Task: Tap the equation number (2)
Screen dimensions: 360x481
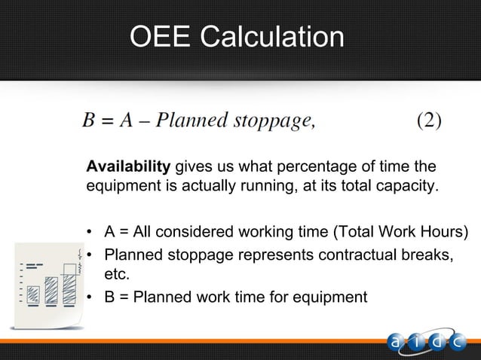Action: (429, 121)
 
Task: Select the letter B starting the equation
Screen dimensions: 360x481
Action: (88, 122)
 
